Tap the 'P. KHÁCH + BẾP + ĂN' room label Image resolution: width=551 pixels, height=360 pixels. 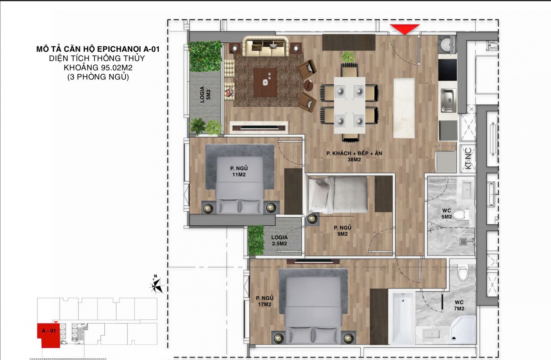[354, 153]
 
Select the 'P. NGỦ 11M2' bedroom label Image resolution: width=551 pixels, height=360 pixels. [239, 171]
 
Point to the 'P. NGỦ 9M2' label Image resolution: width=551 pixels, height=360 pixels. [342, 231]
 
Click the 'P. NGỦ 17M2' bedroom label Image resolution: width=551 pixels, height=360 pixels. [264, 301]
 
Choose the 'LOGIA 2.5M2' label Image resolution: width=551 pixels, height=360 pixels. [279, 241]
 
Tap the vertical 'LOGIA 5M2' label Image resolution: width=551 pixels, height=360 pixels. [205, 94]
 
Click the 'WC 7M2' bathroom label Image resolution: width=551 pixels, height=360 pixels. [459, 305]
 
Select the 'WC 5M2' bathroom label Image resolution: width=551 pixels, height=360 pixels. [446, 214]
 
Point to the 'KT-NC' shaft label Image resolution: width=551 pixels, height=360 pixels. [468, 158]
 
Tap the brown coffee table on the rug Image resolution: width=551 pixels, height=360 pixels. [266, 82]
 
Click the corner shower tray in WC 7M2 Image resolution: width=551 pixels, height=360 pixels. [462, 330]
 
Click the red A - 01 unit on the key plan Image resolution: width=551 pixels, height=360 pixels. [49, 335]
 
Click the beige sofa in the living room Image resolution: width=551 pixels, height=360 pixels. [265, 46]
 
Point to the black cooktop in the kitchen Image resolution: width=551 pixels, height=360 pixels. [447, 70]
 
